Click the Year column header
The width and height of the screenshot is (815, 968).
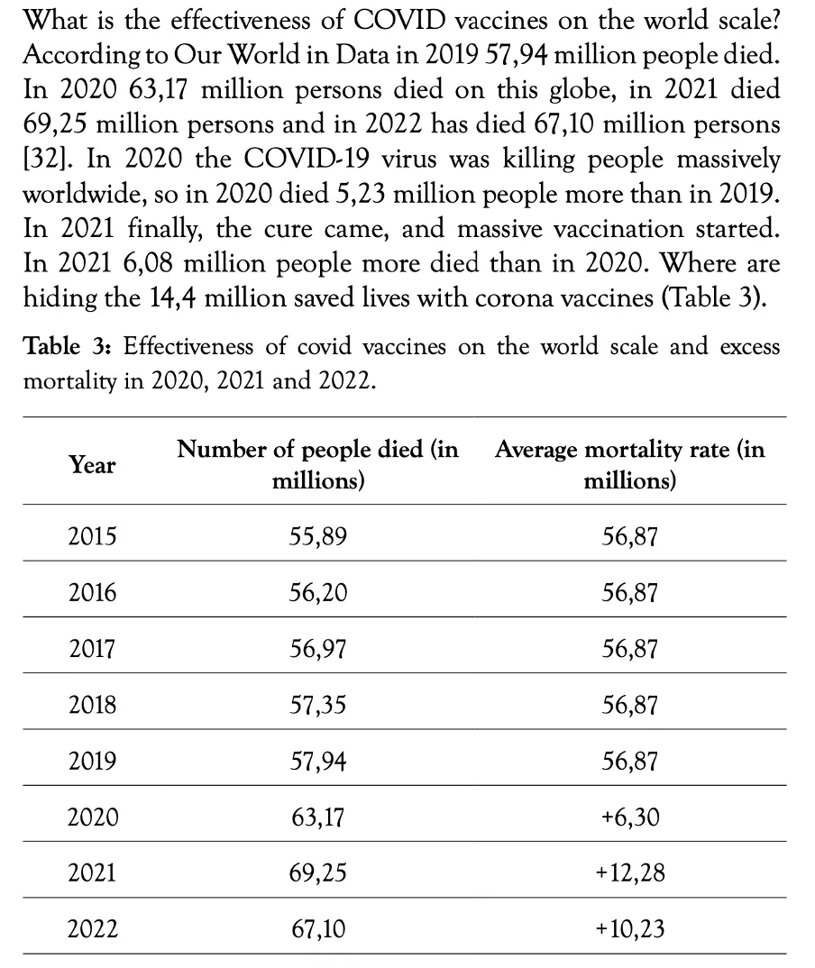92,465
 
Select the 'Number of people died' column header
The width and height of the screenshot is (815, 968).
318,464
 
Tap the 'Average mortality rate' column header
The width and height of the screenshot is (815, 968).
630,464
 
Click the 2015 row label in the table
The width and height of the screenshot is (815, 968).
92,536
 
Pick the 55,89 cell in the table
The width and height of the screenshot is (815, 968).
318,536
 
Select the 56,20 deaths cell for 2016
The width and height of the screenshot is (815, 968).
318,593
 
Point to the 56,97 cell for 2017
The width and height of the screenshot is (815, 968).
318,649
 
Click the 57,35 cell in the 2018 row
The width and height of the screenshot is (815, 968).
318,705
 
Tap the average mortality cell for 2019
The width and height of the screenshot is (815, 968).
630,762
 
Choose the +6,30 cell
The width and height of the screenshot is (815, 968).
630,817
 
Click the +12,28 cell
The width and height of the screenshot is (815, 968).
630,873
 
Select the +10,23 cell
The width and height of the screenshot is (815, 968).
630,929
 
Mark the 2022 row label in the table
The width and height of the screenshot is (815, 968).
92,929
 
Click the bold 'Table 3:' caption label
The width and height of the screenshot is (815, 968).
67,346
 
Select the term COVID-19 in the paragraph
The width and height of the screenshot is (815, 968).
307,159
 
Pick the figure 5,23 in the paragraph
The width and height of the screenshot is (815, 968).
361,195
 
